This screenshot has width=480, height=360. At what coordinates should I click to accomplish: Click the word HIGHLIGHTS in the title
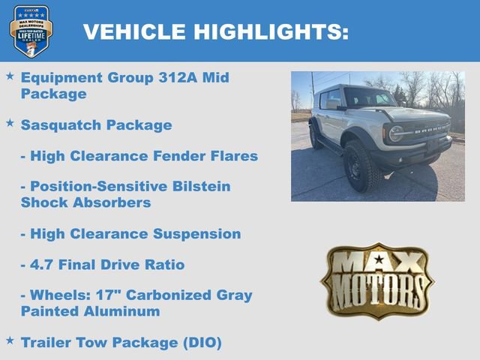[271, 31]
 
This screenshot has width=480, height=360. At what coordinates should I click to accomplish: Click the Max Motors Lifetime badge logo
[31, 31]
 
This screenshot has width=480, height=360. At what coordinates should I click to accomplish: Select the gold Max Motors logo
[377, 280]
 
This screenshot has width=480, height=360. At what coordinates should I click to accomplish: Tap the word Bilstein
[195, 187]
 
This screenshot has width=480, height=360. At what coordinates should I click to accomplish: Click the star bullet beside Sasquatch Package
[10, 123]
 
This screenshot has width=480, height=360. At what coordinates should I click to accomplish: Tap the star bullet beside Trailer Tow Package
[10, 340]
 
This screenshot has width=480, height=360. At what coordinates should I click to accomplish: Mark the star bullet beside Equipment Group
[10, 76]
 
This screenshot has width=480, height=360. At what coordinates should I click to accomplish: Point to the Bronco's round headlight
[396, 133]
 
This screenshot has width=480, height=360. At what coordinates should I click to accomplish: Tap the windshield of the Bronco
[368, 98]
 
